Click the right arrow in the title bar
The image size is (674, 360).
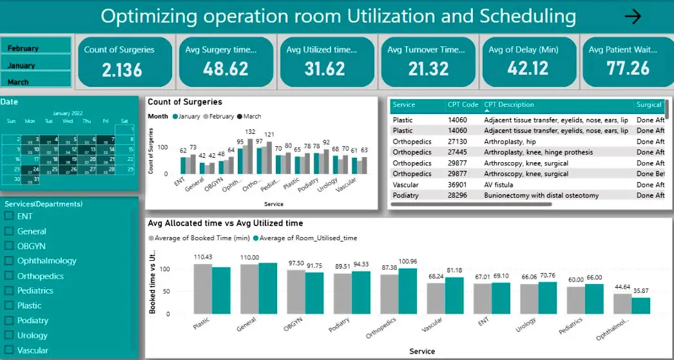[x=633, y=17]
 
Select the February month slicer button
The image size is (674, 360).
[x=36, y=47]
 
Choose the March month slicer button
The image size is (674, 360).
[x=36, y=81]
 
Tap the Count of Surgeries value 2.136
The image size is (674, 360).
[x=122, y=69]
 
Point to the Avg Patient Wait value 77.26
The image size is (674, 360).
[x=628, y=68]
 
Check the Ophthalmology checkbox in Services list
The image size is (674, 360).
[x=9, y=261]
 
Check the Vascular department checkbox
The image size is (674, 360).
[x=9, y=350]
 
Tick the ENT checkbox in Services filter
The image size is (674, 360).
[x=9, y=216]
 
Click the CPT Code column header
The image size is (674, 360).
[x=463, y=105]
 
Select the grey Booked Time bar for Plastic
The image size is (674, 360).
[x=203, y=289]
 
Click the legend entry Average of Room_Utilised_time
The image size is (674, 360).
[x=308, y=238]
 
